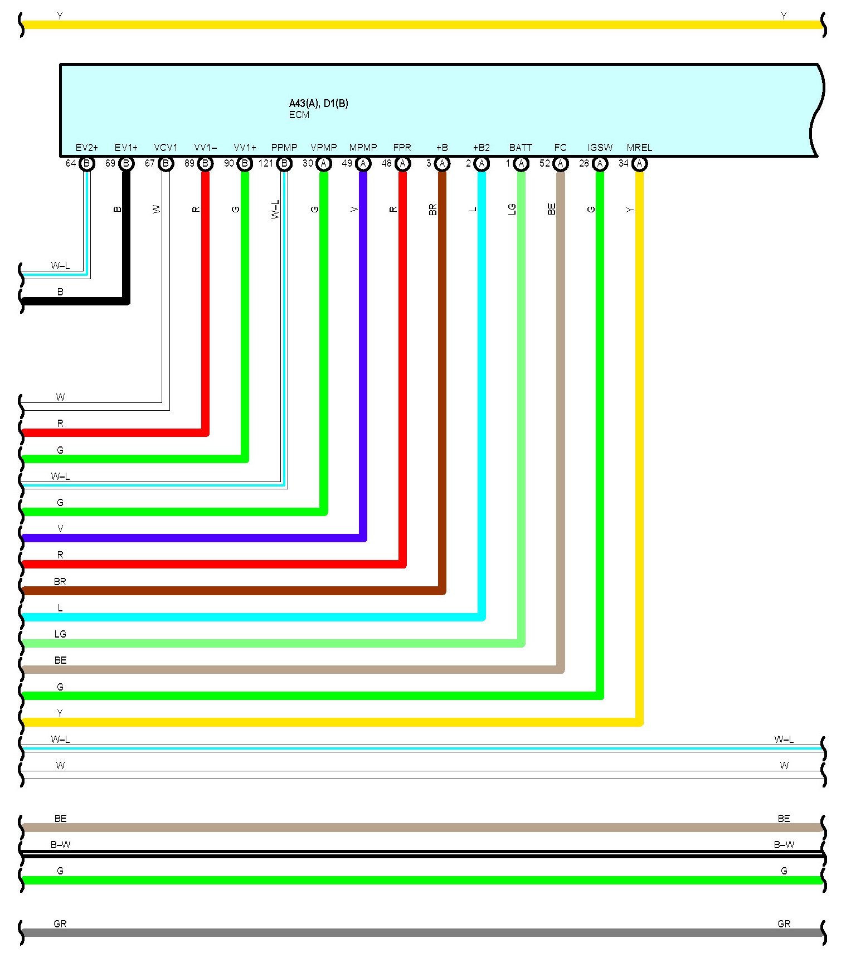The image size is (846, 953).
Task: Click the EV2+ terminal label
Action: (86, 148)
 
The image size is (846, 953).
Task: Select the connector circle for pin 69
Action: (127, 163)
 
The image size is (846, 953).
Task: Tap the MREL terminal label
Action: (639, 148)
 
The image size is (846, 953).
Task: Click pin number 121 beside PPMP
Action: (266, 163)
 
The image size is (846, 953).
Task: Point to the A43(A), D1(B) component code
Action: (318, 103)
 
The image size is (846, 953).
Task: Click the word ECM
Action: (299, 115)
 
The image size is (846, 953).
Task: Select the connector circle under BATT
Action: (521, 163)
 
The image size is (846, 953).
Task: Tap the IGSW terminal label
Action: (600, 148)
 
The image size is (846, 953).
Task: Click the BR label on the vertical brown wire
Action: (433, 210)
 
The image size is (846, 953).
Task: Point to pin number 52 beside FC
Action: (544, 163)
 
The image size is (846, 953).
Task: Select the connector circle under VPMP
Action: (324, 163)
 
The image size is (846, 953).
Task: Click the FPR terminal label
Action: (402, 148)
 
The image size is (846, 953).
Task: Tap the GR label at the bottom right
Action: (784, 923)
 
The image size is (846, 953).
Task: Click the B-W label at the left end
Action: (60, 844)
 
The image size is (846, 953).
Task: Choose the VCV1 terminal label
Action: (166, 148)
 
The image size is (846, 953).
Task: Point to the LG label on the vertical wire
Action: (512, 210)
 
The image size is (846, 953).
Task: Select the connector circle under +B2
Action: (482, 163)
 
